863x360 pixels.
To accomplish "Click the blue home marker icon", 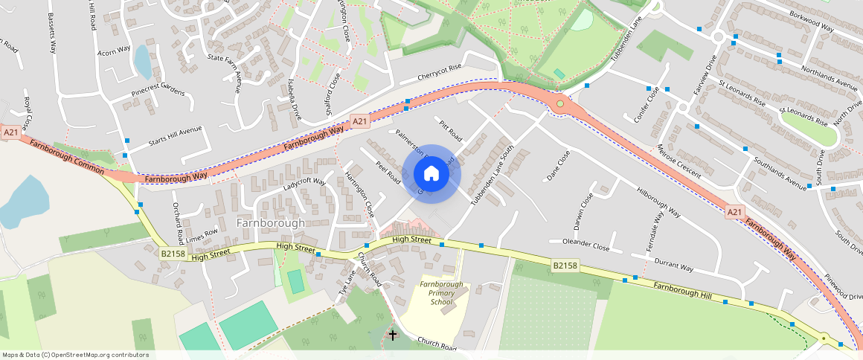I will pos(431,174).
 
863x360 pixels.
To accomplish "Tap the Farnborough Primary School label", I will pos(441,293).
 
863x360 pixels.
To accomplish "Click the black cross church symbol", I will pos(392,335).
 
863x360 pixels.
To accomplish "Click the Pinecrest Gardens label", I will pos(157,93).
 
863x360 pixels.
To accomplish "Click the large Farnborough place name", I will pos(270,223).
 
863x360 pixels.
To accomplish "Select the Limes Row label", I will pos(202,234).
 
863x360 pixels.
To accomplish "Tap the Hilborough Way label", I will pos(658,202).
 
